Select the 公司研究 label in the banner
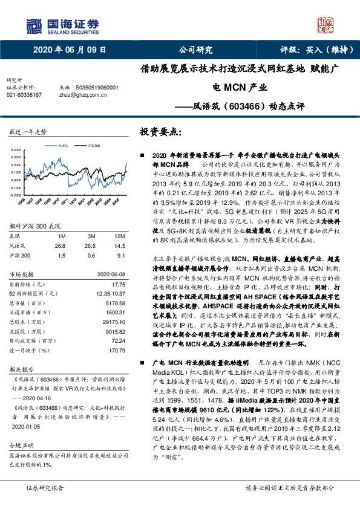[x=196, y=50]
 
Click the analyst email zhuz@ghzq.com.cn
[x=82, y=95]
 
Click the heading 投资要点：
[x=161, y=132]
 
